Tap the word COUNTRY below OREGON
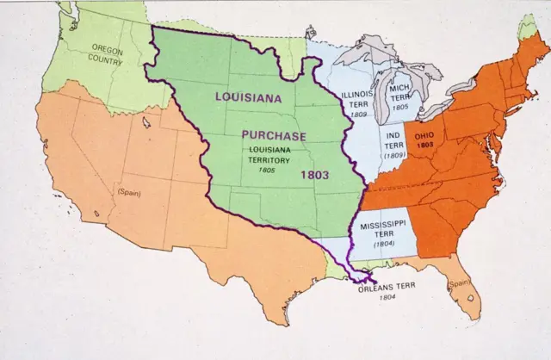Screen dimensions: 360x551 105,61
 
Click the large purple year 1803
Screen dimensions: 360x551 315,173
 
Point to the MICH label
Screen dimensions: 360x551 399,88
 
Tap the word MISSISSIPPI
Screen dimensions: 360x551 384,224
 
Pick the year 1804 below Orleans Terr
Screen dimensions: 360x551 387,301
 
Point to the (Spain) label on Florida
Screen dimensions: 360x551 457,282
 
